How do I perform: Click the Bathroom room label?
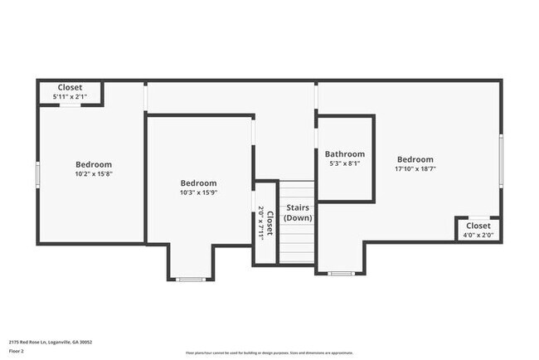[344, 154]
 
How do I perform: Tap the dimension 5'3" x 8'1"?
[344, 164]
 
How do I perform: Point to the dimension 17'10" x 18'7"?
[415, 169]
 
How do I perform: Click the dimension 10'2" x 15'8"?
[94, 174]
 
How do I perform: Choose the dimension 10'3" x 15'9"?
[199, 192]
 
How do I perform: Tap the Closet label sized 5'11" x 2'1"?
[70, 88]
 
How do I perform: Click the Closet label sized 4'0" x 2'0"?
[478, 226]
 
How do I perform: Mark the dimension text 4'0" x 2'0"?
[478, 235]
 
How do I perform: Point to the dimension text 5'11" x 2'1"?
[70, 97]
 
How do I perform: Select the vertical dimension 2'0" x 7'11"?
[260, 222]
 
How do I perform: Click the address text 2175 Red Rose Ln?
[51, 341]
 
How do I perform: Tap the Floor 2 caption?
[17, 351]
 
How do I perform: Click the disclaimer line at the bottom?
[269, 352]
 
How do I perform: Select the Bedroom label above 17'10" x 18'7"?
[415, 159]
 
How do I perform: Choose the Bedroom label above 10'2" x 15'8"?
[94, 164]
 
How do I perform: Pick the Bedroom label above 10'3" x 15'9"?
[199, 183]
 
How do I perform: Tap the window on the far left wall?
[37, 174]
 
